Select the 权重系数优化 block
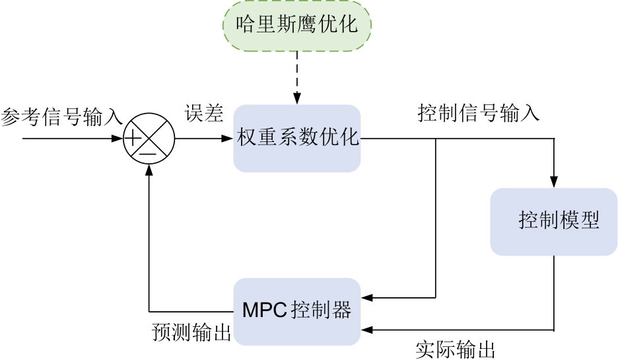[297, 139]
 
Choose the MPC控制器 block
[297, 310]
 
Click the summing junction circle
[149, 139]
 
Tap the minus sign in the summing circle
[148, 153]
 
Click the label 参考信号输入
[61, 117]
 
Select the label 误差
[204, 113]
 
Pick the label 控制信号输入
[479, 113]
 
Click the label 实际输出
[456, 348]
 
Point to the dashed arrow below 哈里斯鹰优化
[296, 76]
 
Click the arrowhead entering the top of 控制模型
[554, 182]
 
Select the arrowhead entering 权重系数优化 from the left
[228, 139]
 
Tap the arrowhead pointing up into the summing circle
[149, 169]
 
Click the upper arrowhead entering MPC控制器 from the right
[366, 298]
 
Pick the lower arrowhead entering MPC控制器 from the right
[366, 330]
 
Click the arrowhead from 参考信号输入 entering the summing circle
[120, 139]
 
